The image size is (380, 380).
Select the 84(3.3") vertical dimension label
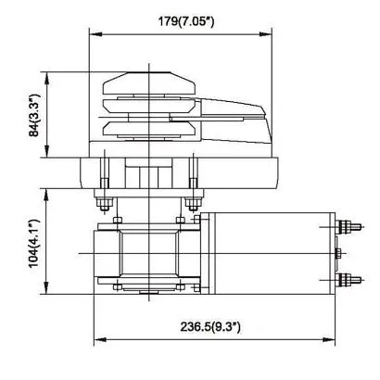[x=35, y=116]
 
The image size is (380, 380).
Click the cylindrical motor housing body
[x=269, y=252]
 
